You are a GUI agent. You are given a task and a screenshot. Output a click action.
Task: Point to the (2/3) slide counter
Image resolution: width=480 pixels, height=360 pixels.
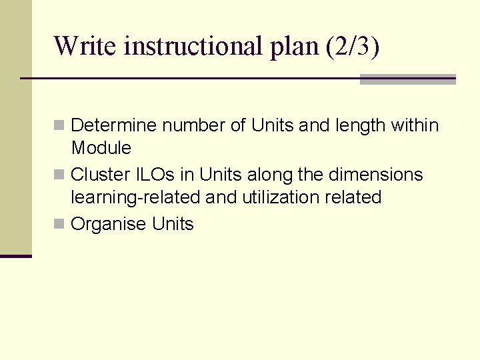pyautogui.click(x=353, y=47)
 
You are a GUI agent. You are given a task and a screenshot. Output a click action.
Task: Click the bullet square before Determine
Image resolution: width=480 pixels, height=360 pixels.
pyautogui.click(x=59, y=125)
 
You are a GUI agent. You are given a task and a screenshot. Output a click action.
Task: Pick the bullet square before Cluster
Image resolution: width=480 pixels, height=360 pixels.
pyautogui.click(x=59, y=175)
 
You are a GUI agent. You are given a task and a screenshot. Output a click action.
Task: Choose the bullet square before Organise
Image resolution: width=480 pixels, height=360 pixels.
pyautogui.click(x=59, y=224)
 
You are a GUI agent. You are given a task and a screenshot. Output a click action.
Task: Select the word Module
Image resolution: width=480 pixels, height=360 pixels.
pyautogui.click(x=101, y=147)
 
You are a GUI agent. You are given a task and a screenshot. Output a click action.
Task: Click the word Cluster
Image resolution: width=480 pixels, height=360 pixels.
pyautogui.click(x=100, y=175)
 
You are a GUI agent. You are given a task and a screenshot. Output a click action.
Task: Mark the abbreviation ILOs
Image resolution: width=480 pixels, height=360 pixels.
pyautogui.click(x=156, y=175)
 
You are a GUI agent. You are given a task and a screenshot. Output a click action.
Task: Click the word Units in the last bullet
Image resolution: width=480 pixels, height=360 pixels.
pyautogui.click(x=173, y=224)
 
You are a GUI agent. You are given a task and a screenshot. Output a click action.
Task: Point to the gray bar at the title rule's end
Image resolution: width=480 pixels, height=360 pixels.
pyautogui.click(x=407, y=79)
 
